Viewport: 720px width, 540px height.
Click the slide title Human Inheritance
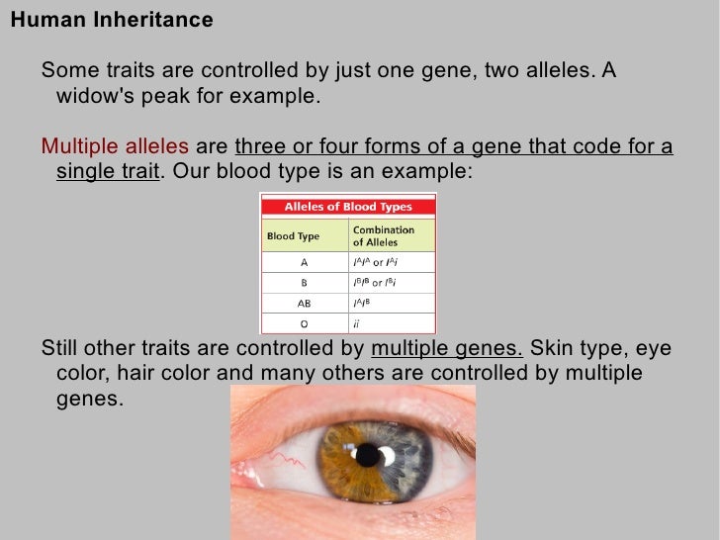click(111, 20)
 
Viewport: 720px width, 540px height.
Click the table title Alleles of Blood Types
click(348, 208)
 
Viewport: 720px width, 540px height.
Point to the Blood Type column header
click(294, 236)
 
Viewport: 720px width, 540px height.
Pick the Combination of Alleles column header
click(384, 236)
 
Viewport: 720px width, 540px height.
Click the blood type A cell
click(305, 262)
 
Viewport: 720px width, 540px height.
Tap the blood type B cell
click(305, 282)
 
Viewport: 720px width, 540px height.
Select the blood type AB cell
click(305, 303)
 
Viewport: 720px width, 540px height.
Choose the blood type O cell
click(305, 322)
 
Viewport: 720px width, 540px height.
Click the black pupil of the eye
click(368, 455)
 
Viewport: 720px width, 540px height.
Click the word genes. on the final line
click(90, 399)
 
